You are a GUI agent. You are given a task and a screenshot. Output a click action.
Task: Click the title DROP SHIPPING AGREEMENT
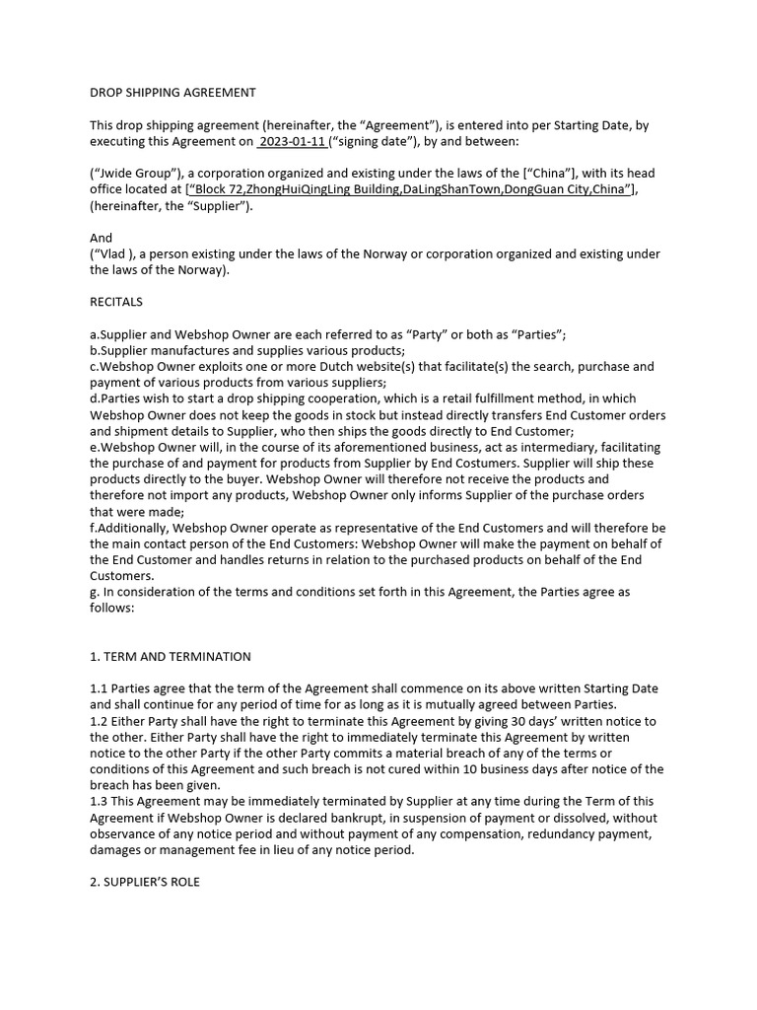(x=172, y=93)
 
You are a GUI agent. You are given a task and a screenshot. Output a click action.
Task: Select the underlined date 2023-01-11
(x=293, y=142)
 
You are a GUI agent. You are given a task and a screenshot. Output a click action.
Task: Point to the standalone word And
(x=102, y=238)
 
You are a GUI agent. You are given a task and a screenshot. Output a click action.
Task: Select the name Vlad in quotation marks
(x=114, y=254)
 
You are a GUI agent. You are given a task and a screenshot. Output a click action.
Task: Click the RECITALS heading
(x=116, y=302)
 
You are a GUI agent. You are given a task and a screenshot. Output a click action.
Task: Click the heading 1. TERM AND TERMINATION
(x=171, y=656)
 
